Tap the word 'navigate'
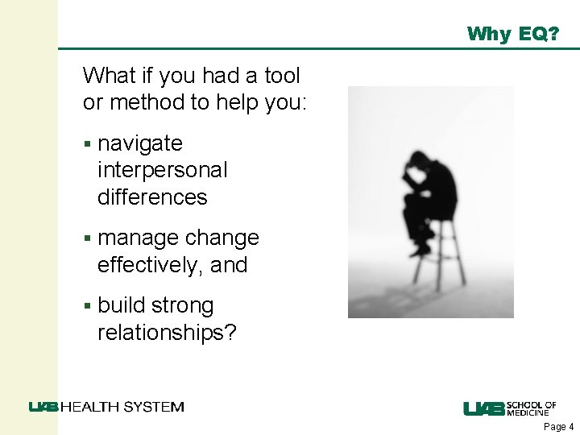[x=140, y=144]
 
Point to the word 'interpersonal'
[x=162, y=170]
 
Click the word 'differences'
[x=152, y=197]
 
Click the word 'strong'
[x=182, y=306]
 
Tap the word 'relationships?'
[x=167, y=332]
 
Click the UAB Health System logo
[x=106, y=407]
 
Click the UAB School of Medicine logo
[x=509, y=408]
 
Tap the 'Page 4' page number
[x=559, y=427]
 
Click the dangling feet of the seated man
[x=420, y=245]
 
